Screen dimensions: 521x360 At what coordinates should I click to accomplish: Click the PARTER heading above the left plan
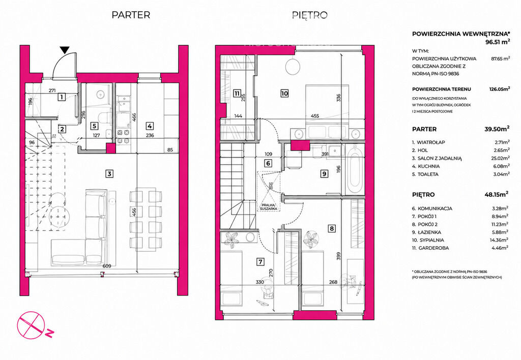[131, 15]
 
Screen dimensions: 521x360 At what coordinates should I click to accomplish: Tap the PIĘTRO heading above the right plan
[310, 15]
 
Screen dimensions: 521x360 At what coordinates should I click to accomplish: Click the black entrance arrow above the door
[65, 50]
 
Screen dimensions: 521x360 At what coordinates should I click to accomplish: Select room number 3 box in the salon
[109, 173]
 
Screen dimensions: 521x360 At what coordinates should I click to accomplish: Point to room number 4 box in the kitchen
[150, 126]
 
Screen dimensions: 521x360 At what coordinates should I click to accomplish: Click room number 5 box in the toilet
[95, 126]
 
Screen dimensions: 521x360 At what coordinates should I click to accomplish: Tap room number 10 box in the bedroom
[284, 94]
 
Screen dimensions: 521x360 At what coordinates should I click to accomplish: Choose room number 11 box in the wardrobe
[237, 94]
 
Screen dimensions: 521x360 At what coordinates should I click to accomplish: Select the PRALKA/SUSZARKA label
[269, 207]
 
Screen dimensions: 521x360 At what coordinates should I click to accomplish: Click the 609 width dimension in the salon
[107, 266]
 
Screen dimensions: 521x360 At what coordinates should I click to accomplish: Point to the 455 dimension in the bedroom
[314, 116]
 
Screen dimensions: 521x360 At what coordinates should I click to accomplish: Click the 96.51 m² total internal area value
[497, 42]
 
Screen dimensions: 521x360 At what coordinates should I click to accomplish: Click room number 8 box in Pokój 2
[331, 228]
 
